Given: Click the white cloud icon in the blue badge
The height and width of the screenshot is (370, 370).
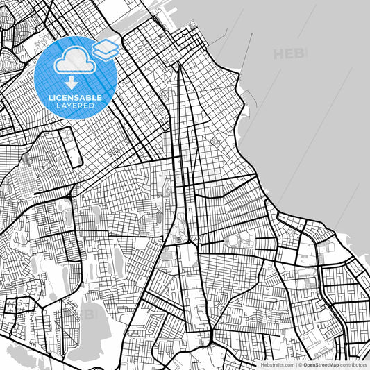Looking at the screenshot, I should click(74, 62).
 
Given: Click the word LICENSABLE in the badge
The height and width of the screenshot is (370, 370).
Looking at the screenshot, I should click(76, 98).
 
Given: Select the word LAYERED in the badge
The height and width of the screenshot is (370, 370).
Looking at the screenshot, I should click(76, 106).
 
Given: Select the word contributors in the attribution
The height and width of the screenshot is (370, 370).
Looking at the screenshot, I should click(353, 364).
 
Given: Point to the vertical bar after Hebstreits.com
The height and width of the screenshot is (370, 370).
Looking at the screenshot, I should click(296, 364).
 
